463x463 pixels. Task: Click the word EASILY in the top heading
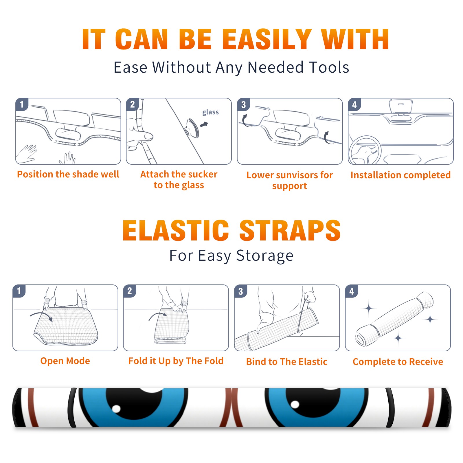pos(267,39)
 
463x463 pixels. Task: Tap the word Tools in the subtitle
pos(329,67)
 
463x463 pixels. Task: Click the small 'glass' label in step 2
pos(210,112)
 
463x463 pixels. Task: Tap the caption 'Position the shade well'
pos(68,174)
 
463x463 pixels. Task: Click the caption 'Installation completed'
pos(400,175)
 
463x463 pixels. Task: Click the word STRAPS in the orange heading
pos(290,230)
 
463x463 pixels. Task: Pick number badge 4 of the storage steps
pos(352,291)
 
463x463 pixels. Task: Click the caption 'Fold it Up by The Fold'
pos(176,361)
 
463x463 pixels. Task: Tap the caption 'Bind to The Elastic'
pos(287,362)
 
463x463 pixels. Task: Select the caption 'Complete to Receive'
pos(398,362)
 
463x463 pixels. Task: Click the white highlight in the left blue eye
pos(116,409)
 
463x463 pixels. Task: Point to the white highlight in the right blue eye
pos(295,404)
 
